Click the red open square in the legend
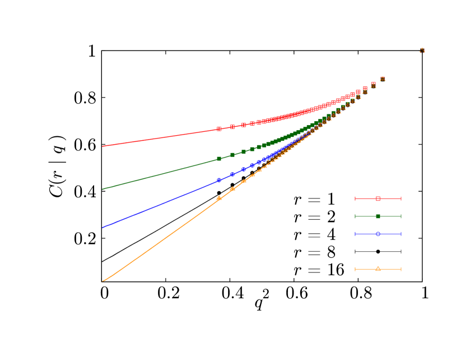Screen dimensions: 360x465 pos(378,199)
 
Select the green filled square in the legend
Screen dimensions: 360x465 pos(378,216)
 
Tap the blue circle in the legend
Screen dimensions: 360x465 pos(378,234)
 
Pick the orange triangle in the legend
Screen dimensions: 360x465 pos(378,269)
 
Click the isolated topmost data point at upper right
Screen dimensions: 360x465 pos(422,50)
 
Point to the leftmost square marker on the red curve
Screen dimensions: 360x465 pos(219,129)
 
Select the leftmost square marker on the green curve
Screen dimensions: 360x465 pos(219,159)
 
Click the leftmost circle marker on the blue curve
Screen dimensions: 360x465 pos(219,180)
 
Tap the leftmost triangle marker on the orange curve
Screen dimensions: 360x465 pos(219,198)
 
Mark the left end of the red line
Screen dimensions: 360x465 pos(103,146)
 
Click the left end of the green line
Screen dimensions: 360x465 pos(103,190)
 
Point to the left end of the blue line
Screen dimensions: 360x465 pos(103,228)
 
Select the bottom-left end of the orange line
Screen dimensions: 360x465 pos(103,281)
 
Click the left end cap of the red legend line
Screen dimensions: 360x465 pos(355,199)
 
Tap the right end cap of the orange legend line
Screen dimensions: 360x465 pos(401,269)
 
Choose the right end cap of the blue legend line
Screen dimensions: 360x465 pos(401,234)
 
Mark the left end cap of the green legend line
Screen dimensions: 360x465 pos(355,216)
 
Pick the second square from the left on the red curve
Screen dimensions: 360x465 pos(232,127)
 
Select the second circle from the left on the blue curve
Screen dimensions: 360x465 pos(232,174)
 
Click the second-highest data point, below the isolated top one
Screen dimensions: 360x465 pos(383,79)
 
